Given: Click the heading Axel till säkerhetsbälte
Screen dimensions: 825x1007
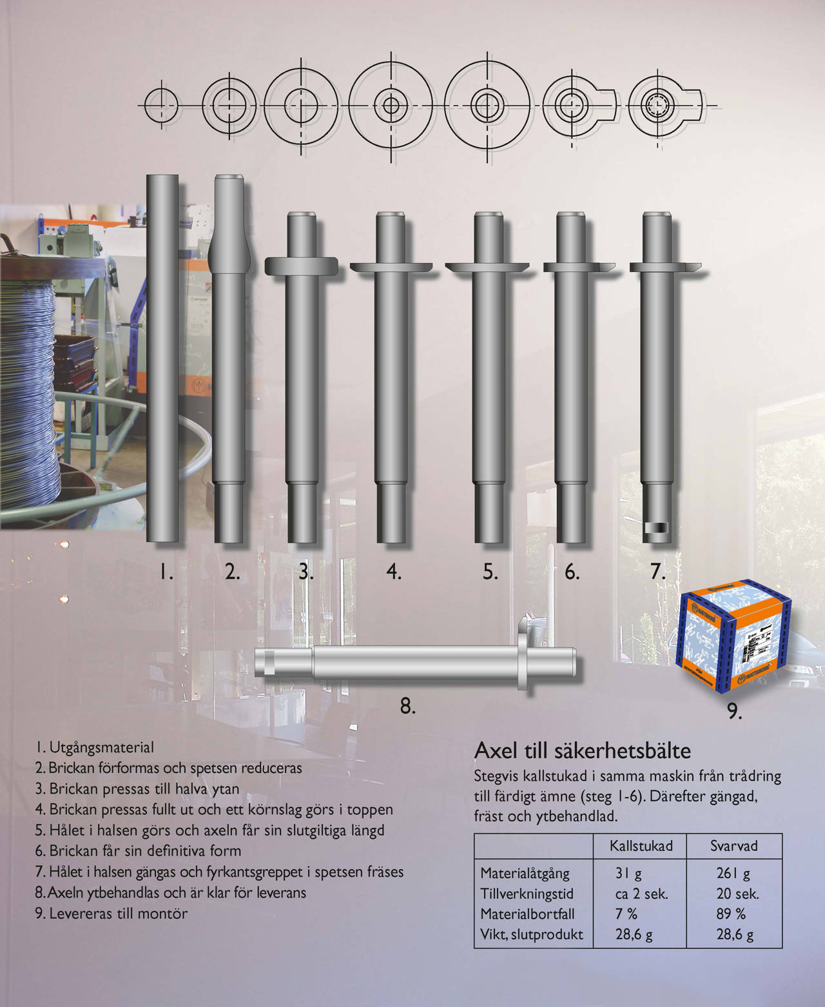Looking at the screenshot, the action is [582, 751].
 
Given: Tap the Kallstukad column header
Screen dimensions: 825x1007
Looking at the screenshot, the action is [641, 846].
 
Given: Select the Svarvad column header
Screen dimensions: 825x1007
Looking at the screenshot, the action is [734, 846].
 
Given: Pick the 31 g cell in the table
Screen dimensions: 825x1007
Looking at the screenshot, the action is [628, 874].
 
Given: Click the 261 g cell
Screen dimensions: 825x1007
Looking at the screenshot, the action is [733, 874].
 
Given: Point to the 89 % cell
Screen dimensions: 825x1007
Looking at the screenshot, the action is [731, 914].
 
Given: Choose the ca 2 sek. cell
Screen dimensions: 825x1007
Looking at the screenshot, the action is [641, 894].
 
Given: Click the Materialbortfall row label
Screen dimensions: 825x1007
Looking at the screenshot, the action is [527, 914].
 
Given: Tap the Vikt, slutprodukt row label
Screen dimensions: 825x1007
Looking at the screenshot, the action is [531, 934].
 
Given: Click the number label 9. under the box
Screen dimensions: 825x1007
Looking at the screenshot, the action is [734, 712].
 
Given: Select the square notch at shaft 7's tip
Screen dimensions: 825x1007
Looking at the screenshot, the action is [657, 528].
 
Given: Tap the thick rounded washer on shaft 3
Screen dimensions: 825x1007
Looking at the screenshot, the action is [301, 266].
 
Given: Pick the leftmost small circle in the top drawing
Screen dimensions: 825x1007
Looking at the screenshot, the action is [161, 105].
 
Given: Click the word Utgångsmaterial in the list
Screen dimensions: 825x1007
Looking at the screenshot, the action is [102, 747].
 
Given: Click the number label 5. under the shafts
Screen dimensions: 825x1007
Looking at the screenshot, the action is [490, 572].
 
